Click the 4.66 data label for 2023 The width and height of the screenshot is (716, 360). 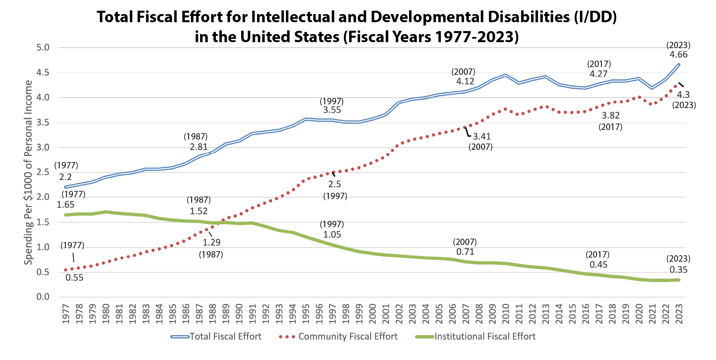pos(678,55)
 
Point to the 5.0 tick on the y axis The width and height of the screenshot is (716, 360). pos(43,47)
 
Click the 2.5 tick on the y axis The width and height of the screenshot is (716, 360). pos(43,172)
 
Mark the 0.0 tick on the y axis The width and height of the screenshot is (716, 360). pos(43,297)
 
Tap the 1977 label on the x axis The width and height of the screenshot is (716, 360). pos(66,314)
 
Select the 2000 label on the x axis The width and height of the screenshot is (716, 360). pos(372,314)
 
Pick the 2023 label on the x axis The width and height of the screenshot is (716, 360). pos(679,314)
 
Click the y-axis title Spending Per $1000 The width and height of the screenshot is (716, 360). pos(28,172)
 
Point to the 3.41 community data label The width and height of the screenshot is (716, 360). pos(482,137)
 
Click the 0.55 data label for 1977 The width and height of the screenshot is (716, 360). pos(74,277)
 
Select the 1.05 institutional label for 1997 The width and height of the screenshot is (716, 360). pos(332,235)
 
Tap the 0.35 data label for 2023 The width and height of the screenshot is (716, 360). pos(678,270)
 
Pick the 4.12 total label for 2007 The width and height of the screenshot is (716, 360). pos(465,81)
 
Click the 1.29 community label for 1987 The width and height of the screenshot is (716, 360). pos(212,243)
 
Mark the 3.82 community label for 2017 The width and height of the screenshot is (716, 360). pos(611,116)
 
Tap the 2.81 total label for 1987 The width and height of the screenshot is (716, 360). pos(199,147)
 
